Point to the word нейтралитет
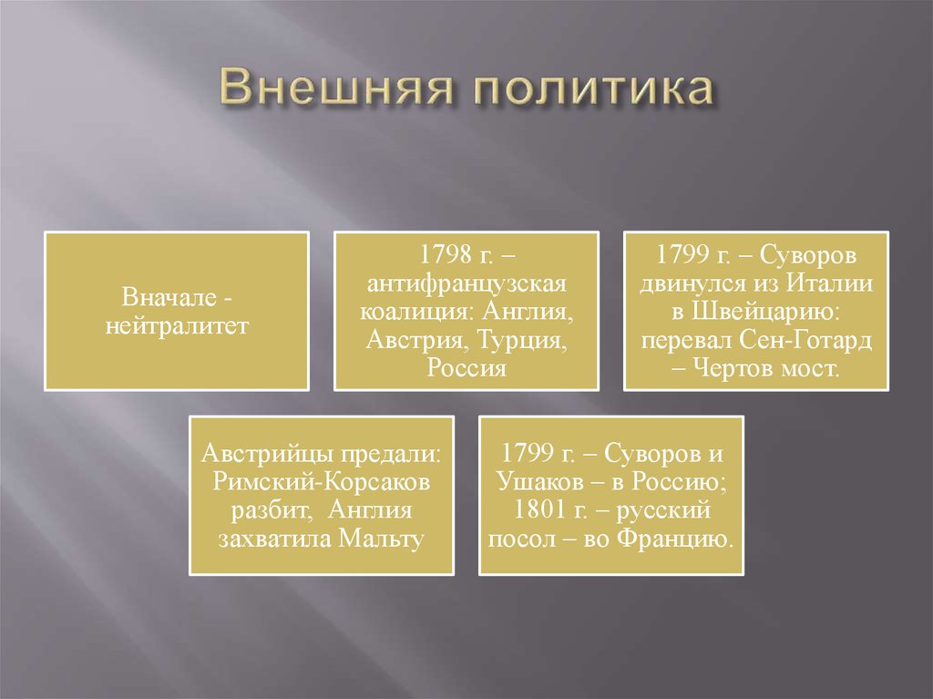pyautogui.click(x=177, y=324)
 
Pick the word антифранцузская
pyautogui.click(x=466, y=283)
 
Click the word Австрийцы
pyautogui.click(x=271, y=453)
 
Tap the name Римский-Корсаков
pyautogui.click(x=322, y=481)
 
